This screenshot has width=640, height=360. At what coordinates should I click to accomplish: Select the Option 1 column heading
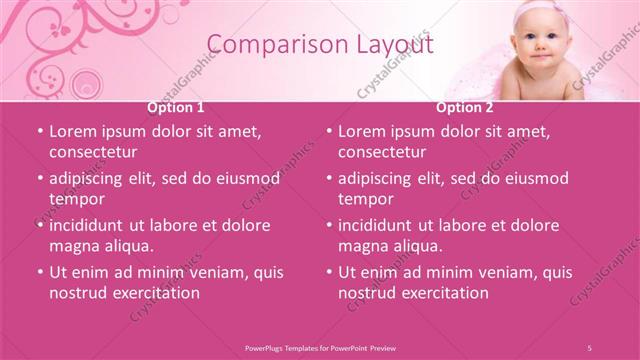(176, 107)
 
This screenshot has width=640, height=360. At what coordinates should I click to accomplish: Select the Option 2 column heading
(465, 107)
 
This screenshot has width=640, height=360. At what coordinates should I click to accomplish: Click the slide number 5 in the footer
(589, 347)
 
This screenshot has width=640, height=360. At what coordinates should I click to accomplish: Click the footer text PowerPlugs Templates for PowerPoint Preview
(320, 347)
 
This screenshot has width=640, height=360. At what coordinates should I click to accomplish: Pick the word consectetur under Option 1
(93, 152)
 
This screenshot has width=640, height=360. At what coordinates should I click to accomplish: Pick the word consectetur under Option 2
(382, 152)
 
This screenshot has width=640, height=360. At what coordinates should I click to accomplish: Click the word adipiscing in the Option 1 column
(93, 178)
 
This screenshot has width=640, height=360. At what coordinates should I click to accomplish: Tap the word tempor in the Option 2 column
(366, 199)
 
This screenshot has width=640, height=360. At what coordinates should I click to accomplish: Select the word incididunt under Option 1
(94, 225)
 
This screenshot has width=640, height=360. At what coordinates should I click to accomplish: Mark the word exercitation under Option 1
(152, 293)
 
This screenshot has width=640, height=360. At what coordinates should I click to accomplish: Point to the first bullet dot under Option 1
(40, 131)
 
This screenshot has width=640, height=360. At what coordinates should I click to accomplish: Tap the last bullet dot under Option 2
(329, 272)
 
